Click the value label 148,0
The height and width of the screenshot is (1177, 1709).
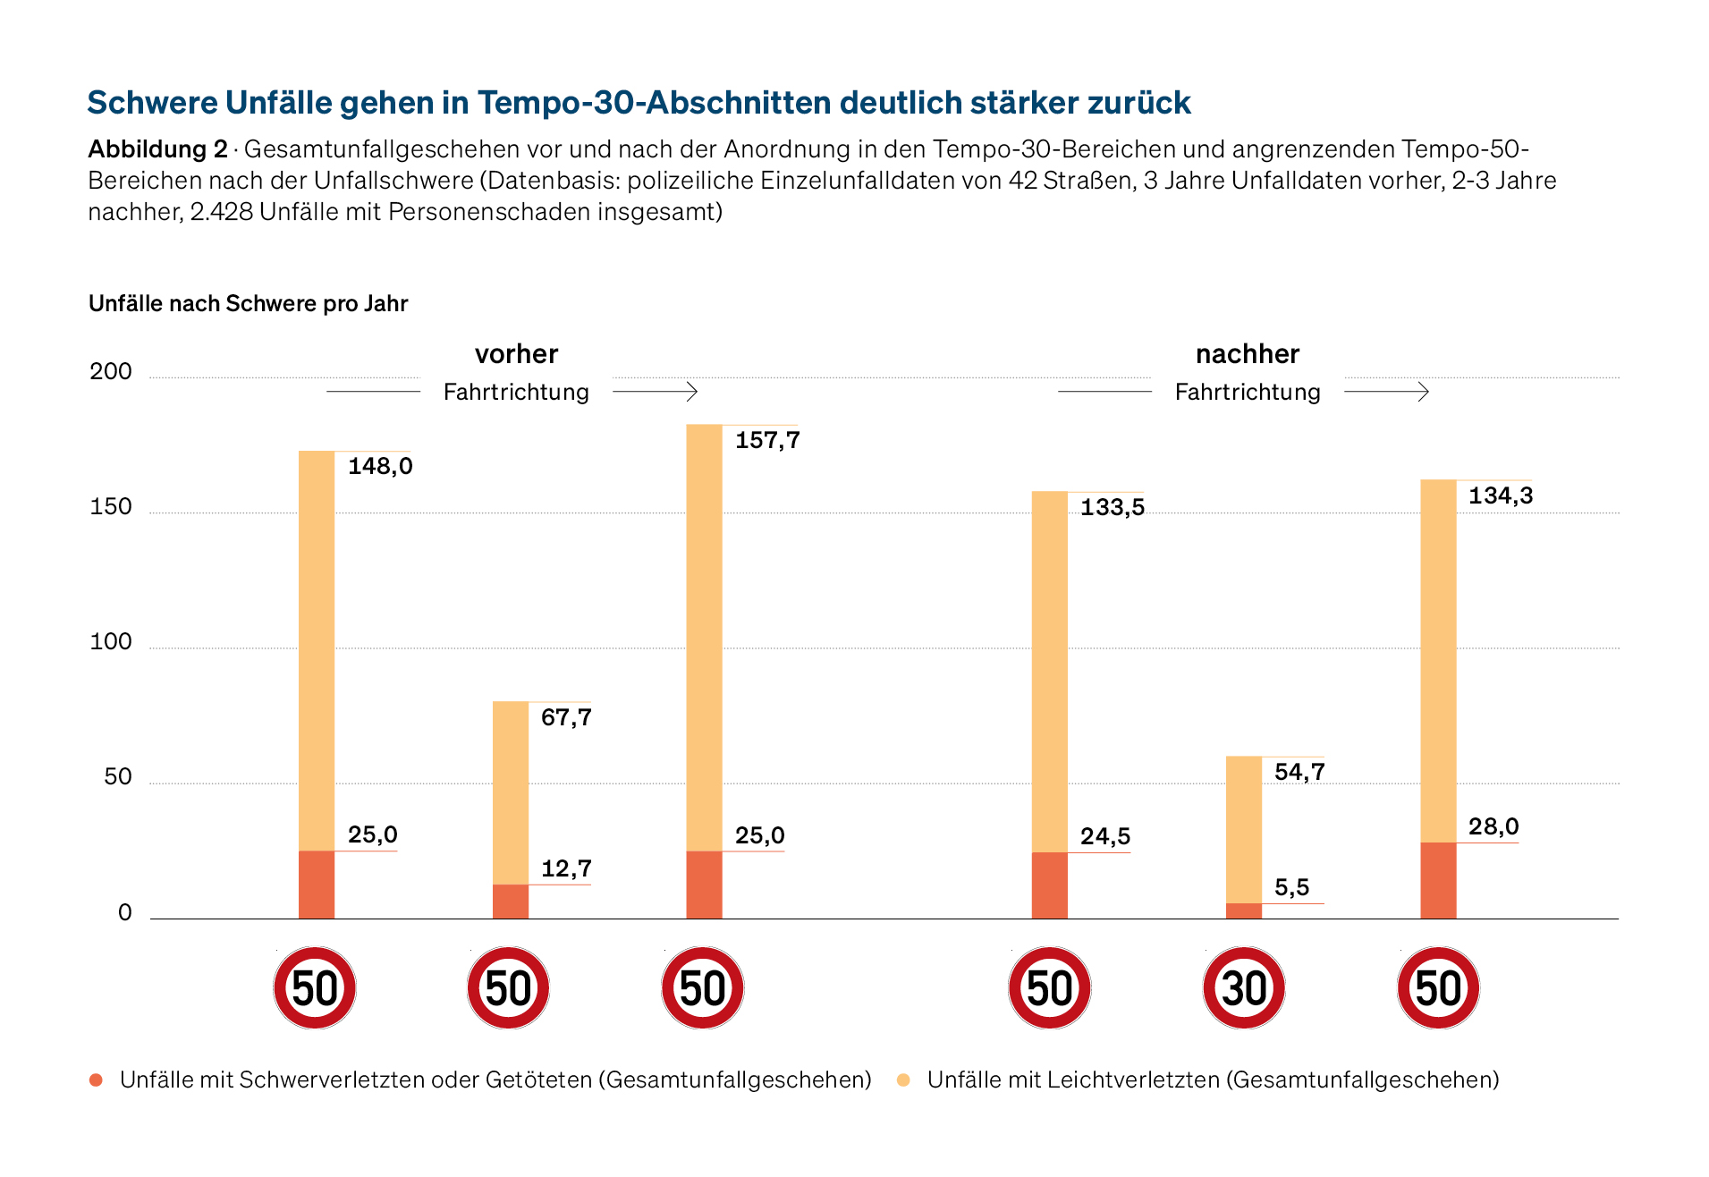[380, 466]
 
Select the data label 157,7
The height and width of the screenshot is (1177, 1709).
[767, 440]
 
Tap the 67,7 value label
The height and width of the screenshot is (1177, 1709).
[566, 717]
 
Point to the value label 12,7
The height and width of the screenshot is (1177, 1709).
[566, 868]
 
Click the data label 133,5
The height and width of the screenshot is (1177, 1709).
[1113, 507]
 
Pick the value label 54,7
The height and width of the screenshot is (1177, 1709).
[1299, 772]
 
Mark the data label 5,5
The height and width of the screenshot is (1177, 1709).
[1291, 887]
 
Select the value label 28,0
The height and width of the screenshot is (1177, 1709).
[1493, 826]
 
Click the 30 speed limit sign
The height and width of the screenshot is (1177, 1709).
[1244, 988]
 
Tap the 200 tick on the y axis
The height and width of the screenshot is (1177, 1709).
[111, 371]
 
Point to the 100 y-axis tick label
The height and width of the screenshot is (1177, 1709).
[111, 641]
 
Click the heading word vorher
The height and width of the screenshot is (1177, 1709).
[517, 354]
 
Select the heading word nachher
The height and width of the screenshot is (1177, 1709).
[1248, 354]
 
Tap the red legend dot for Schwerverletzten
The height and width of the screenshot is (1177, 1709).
[97, 1080]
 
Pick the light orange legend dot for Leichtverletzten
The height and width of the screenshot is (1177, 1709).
[904, 1080]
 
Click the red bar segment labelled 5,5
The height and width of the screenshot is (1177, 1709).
[1244, 911]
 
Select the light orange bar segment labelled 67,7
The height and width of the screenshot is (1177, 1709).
[511, 793]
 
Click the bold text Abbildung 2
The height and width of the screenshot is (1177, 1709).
[158, 149]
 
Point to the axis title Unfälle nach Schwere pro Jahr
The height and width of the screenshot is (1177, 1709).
[249, 304]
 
